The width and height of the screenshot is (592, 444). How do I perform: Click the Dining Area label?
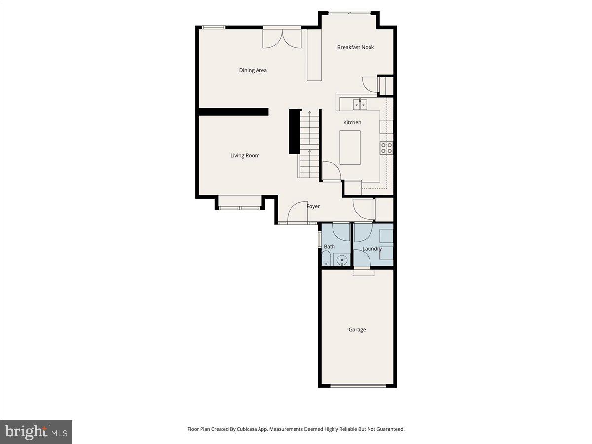coord(253,70)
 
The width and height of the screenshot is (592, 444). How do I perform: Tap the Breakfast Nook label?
coord(355,47)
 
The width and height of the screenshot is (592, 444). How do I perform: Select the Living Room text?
coord(245,156)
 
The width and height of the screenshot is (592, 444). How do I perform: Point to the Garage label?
coord(357,330)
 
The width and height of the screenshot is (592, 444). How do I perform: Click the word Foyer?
coord(313,206)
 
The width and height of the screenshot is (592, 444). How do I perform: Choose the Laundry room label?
coord(372,249)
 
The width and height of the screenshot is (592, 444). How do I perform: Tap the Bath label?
coord(329,246)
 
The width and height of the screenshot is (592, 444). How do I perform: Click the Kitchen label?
coord(352,122)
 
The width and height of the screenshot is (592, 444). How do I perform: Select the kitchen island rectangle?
coord(350,147)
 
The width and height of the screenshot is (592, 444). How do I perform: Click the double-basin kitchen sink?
coord(359,104)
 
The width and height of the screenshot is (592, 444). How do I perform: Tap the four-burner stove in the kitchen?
coord(386,148)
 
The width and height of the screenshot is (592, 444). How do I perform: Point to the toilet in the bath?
coord(326,258)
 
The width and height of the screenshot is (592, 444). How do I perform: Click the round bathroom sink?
coord(342,259)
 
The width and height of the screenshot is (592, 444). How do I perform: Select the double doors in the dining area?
coord(282,38)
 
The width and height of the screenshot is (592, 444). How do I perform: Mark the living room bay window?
coord(240,208)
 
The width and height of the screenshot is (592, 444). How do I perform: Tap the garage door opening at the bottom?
coord(357,386)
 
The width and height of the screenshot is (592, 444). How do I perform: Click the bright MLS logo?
coord(36,432)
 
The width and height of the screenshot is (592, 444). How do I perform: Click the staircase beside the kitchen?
coord(309,144)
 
